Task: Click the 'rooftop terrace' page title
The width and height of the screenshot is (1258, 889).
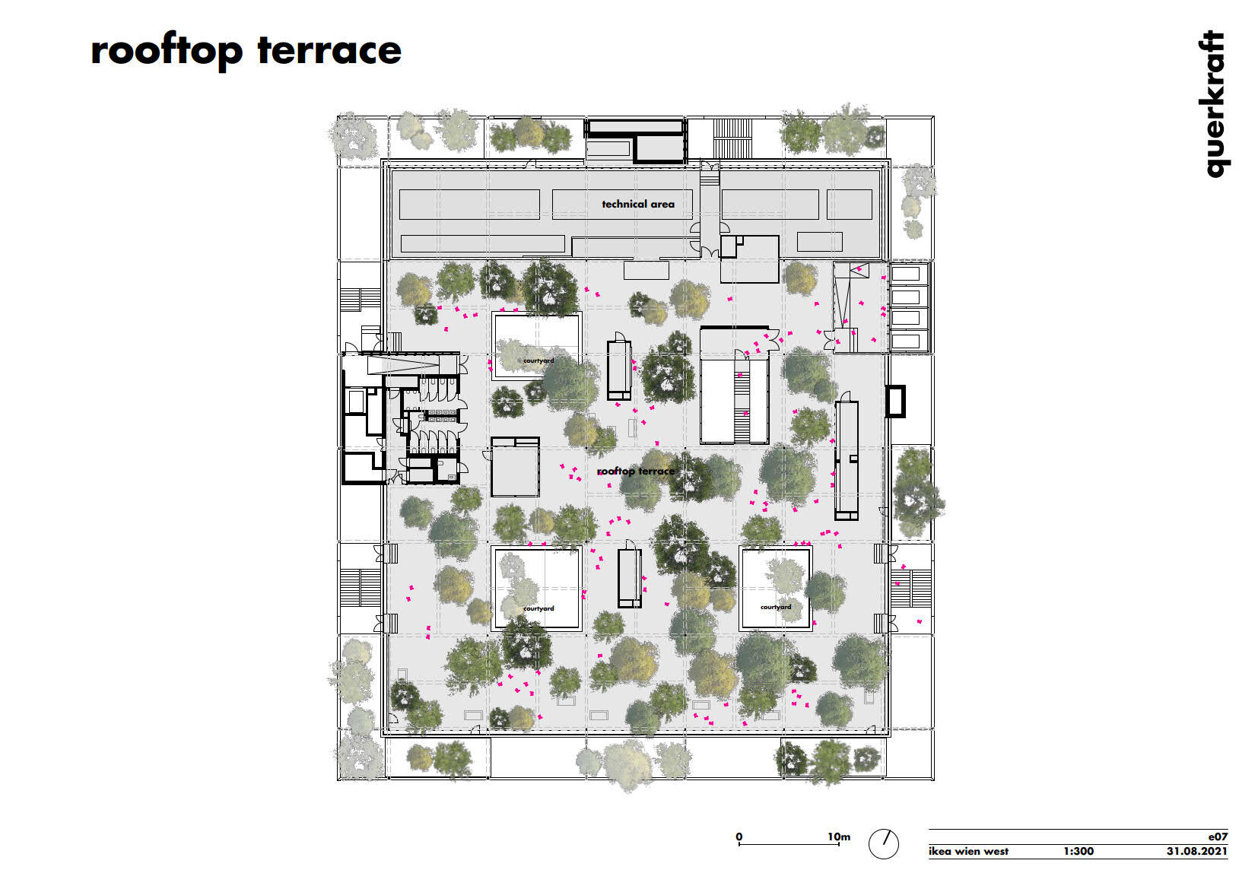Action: [246, 52]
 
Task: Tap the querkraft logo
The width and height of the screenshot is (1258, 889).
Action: [1214, 104]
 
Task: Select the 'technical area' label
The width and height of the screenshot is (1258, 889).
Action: [638, 205]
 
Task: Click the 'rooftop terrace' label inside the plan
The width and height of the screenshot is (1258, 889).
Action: [635, 471]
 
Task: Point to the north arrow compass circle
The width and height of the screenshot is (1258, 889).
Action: [883, 843]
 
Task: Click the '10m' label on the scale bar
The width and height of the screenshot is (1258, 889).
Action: [838, 837]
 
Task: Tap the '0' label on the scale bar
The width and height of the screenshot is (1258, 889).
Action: [739, 837]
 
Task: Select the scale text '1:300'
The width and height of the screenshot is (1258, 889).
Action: [1079, 852]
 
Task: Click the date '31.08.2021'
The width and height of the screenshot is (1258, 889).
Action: [1197, 852]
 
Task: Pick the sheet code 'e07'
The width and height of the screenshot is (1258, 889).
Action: [1218, 837]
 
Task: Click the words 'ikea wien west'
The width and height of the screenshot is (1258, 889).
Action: [968, 852]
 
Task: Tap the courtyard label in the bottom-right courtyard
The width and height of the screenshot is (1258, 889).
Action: [776, 607]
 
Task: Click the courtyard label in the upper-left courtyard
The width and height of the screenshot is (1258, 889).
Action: [538, 360]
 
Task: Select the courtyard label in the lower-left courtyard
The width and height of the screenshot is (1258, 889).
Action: [538, 608]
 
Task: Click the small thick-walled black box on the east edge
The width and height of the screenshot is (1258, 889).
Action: [895, 401]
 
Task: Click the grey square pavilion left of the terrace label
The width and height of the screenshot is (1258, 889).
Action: [515, 467]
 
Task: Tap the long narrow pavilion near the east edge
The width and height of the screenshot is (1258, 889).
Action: [847, 459]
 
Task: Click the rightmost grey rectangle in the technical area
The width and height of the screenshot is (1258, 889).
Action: [849, 205]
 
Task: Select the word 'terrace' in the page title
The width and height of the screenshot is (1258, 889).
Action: [329, 50]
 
